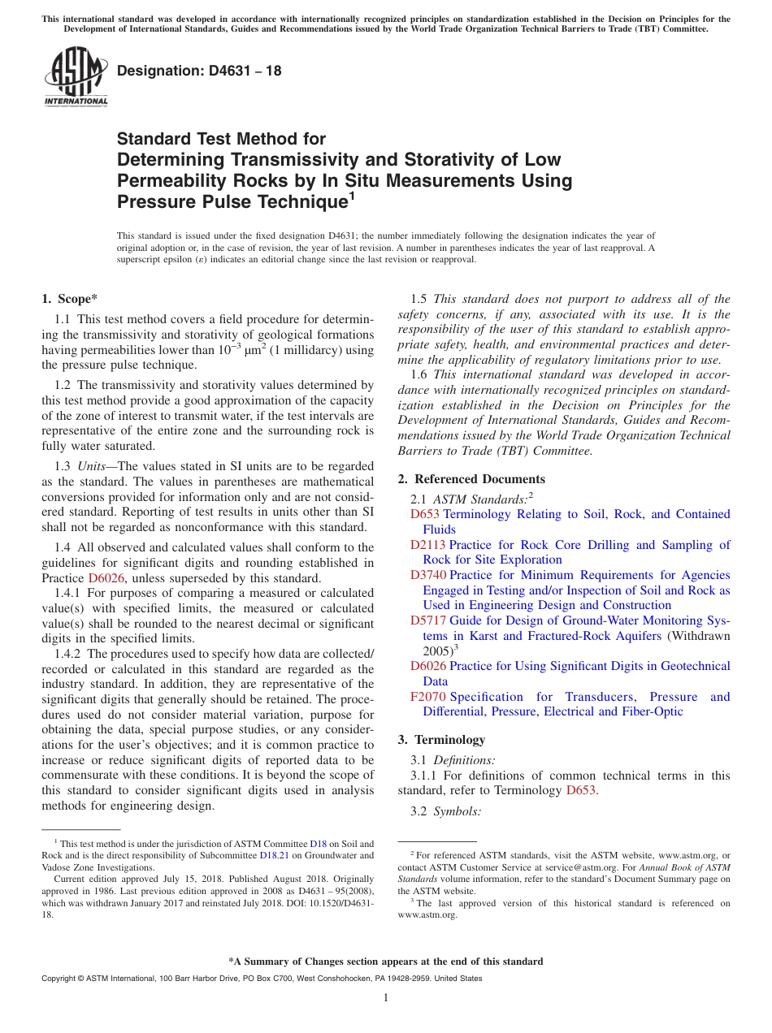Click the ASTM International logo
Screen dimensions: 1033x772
click(75, 76)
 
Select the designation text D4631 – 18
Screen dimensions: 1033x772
click(199, 71)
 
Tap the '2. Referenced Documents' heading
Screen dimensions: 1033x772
click(471, 479)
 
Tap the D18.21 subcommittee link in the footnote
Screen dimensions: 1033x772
click(273, 855)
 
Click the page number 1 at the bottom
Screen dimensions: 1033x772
click(386, 998)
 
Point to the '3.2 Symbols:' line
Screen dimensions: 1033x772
click(446, 811)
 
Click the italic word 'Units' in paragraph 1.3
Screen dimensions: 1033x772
click(93, 466)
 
